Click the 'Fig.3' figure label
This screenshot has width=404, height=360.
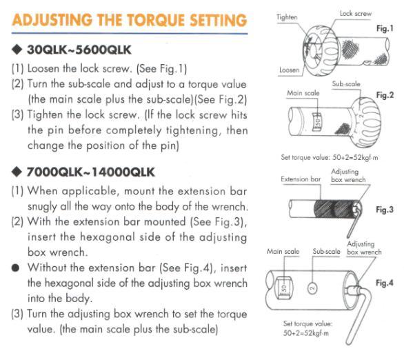(x=383, y=210)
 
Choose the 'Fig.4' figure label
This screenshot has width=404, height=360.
(x=383, y=283)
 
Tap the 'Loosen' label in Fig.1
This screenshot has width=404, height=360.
(x=289, y=70)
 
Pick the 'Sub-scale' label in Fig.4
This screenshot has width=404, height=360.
(x=327, y=252)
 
